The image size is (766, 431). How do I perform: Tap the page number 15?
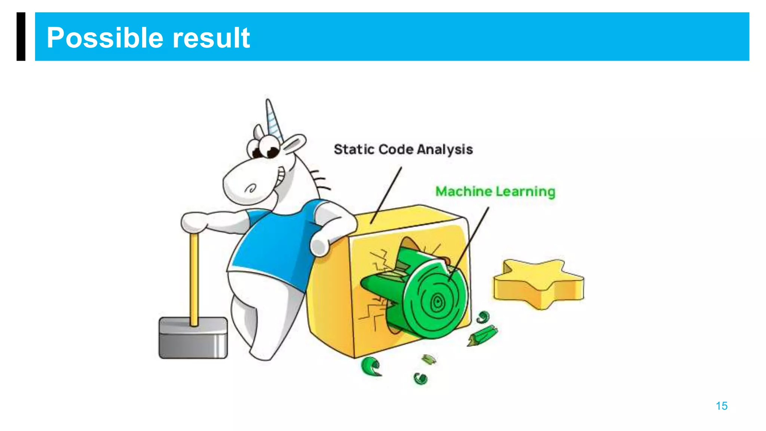[x=721, y=406]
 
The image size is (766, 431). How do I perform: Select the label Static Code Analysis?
[x=403, y=150]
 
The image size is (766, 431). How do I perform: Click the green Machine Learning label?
[x=495, y=192]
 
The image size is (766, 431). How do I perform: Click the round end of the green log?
[x=436, y=299]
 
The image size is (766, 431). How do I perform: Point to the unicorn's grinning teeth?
[x=280, y=176]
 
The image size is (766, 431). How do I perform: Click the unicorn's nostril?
[x=251, y=188]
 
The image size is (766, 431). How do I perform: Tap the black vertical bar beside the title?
[x=21, y=36]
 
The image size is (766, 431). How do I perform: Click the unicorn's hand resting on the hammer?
[x=194, y=221]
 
